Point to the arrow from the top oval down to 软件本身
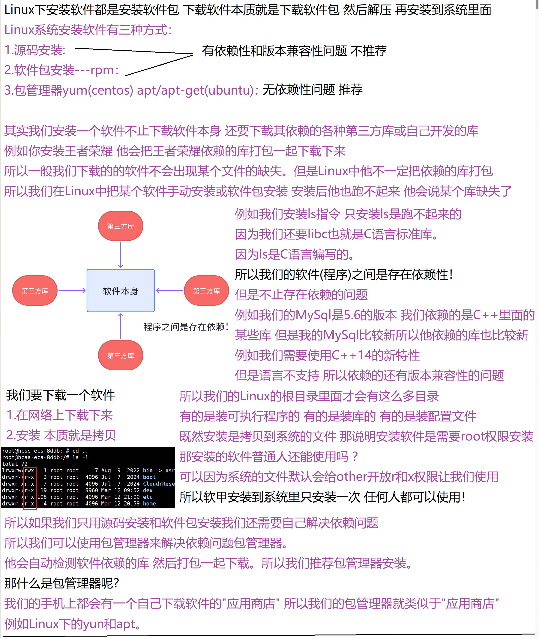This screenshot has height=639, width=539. click(x=121, y=255)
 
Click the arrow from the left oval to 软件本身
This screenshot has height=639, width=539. click(x=72, y=290)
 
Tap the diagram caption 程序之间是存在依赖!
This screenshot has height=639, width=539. click(x=186, y=327)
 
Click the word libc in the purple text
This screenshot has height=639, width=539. click(x=318, y=234)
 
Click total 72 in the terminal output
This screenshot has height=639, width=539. click(x=15, y=464)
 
